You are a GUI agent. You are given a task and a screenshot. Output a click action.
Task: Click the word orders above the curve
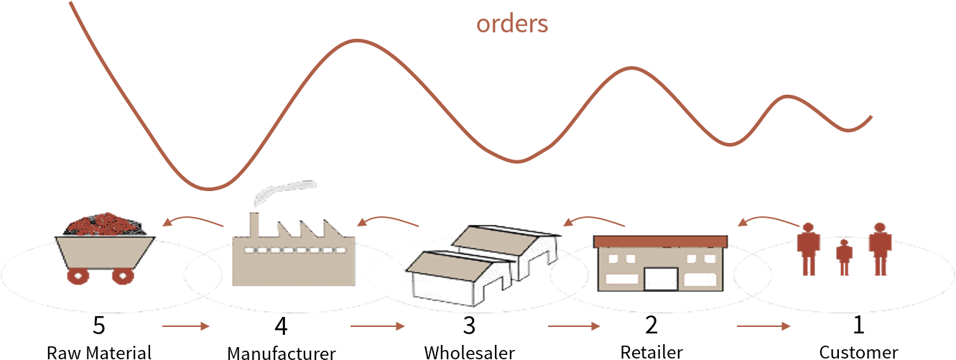[512, 24]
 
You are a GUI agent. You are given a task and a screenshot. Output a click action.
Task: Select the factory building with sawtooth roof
[294, 259]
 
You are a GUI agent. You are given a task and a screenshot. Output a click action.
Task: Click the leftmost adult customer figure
[808, 248]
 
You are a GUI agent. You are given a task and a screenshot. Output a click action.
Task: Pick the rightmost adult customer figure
[879, 248]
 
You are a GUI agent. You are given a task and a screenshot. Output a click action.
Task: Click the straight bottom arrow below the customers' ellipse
[764, 326]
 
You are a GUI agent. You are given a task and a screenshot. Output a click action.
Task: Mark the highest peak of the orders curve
[357, 40]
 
